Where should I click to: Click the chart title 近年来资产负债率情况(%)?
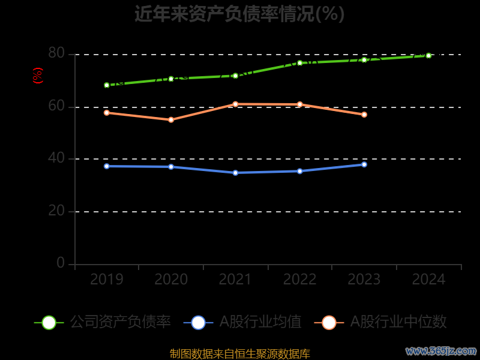click(239, 14)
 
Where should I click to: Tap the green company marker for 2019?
click(107, 85)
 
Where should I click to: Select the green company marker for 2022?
click(300, 63)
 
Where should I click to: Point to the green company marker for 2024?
click(428, 55)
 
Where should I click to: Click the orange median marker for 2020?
click(171, 120)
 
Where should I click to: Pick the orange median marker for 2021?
click(235, 104)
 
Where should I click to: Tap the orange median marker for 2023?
click(364, 115)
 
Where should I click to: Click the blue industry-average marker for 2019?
click(107, 166)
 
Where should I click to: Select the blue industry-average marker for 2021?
click(235, 173)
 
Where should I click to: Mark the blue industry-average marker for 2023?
click(364, 164)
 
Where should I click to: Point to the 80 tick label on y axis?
click(56, 53)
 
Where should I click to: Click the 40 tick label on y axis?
click(56, 158)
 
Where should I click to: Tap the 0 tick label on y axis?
click(61, 263)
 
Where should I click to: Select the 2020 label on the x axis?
click(171, 280)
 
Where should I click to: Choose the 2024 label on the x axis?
click(428, 280)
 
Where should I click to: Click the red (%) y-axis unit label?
click(38, 76)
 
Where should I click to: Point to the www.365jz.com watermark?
click(441, 350)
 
